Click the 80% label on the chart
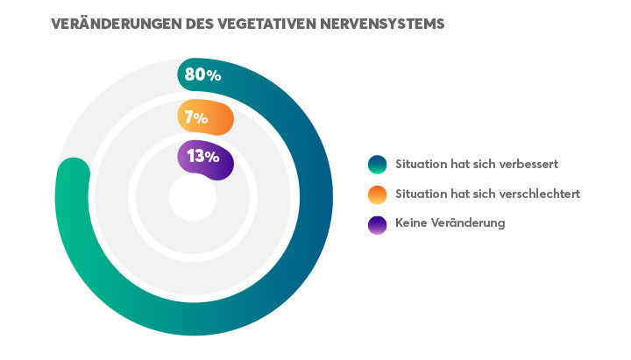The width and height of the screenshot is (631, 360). [202, 75]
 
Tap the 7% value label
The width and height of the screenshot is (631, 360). [195, 117]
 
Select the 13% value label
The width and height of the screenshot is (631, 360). [202, 157]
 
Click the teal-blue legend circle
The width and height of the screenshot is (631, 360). [378, 164]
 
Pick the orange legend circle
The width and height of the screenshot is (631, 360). [378, 194]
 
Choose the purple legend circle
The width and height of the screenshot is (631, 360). [378, 223]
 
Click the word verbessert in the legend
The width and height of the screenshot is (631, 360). [528, 164]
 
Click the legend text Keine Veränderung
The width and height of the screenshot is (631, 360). [450, 223]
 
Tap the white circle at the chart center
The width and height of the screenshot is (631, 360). [193, 198]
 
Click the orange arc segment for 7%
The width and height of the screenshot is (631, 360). [220, 118]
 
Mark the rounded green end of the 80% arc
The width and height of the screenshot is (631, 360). [73, 174]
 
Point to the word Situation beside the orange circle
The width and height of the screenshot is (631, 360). [420, 194]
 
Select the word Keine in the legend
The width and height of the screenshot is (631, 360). [413, 223]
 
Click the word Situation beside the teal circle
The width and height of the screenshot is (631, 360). [420, 164]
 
